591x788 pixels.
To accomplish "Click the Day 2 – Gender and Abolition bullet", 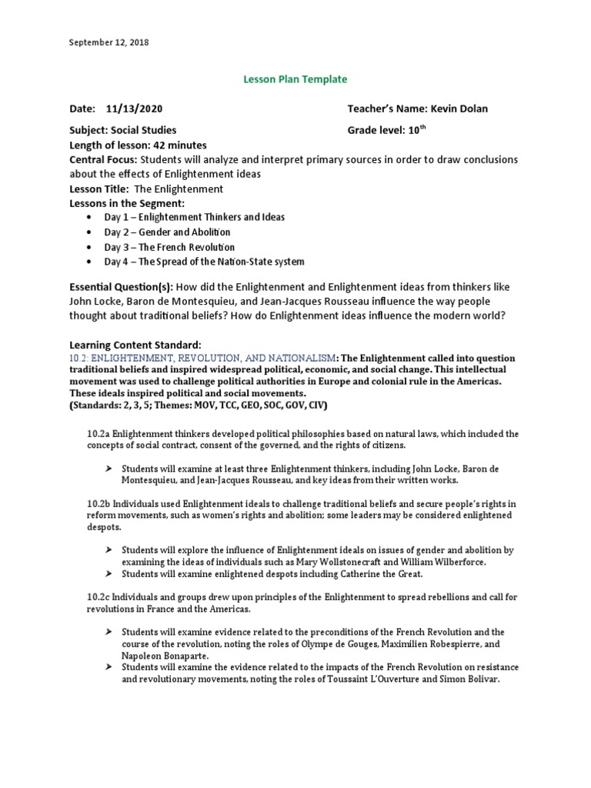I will pyautogui.click(x=167, y=232).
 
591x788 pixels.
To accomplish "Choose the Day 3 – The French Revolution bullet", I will pyautogui.click(x=169, y=247).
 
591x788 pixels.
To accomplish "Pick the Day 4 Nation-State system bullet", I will pyautogui.click(x=204, y=262).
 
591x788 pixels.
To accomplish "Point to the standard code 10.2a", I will pyautogui.click(x=100, y=434).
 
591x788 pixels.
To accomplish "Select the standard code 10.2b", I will pyautogui.click(x=100, y=504).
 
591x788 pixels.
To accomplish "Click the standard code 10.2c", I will pyautogui.click(x=100, y=597).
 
